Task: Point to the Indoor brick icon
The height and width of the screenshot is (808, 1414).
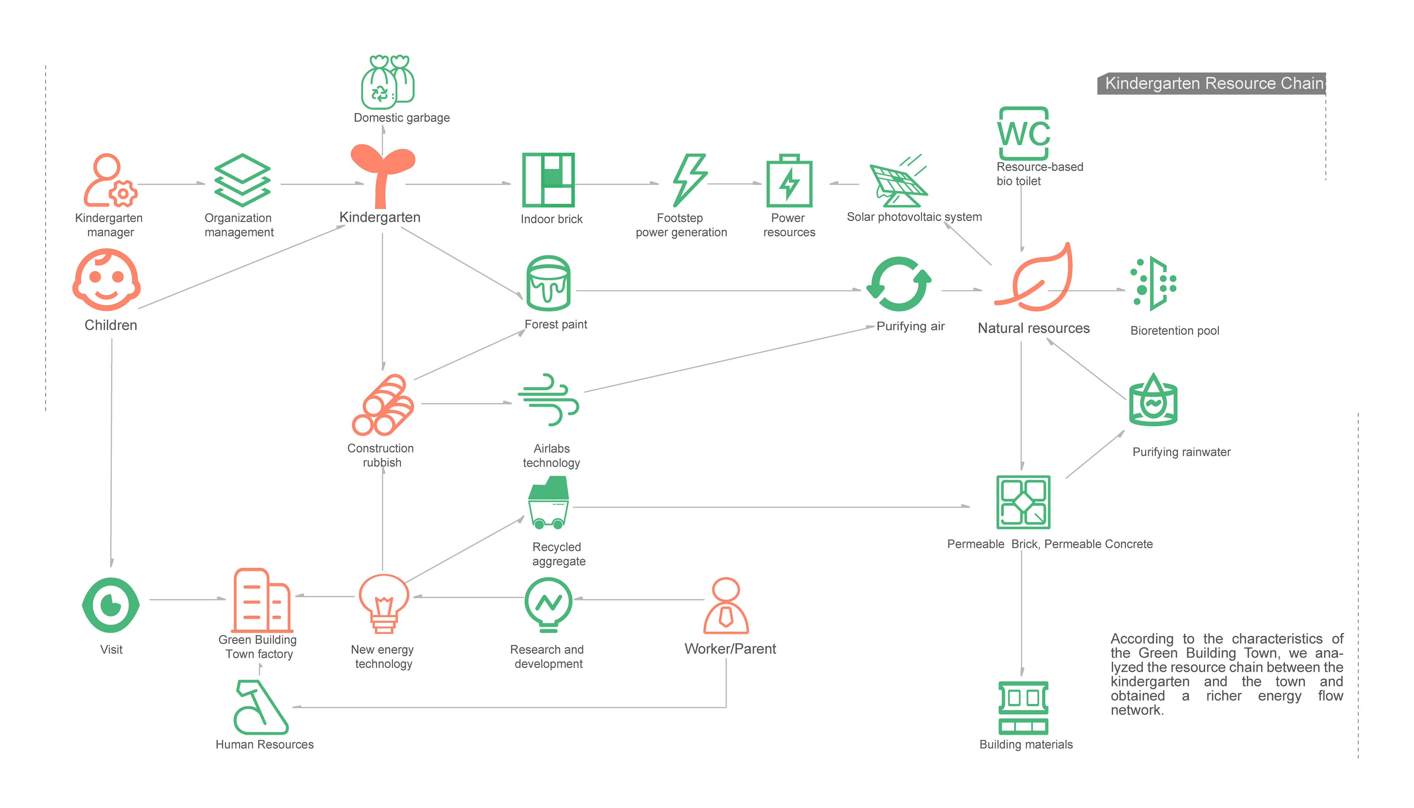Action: coord(548,179)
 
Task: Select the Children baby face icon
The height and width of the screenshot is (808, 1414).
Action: coord(106,280)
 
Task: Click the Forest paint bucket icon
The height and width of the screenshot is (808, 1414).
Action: coord(548,283)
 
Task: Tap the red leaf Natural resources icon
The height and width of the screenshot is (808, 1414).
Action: coord(1035,278)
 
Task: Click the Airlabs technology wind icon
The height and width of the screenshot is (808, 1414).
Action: coord(548,399)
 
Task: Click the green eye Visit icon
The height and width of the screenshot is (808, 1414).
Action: coord(110,605)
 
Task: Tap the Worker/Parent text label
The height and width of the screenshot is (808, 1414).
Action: coord(730,649)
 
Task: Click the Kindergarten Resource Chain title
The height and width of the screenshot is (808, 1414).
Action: coord(1214,83)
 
